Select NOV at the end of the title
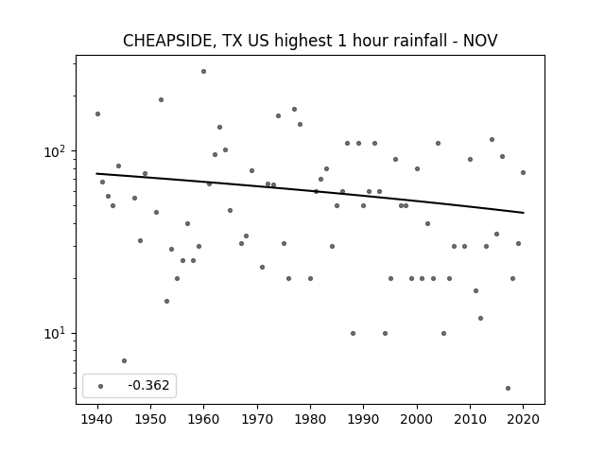[480, 41]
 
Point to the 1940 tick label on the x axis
[97, 419]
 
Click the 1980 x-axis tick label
[310, 419]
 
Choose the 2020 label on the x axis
[523, 419]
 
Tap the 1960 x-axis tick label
[204, 419]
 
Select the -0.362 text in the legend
[148, 385]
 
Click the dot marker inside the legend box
[101, 386]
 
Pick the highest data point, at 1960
[204, 72]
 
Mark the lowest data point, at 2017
[508, 388]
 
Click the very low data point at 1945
[124, 360]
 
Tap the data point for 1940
[97, 113]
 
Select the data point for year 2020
[523, 172]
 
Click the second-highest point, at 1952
[162, 99]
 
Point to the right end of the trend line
[524, 213]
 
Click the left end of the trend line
[96, 173]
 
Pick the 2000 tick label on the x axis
[417, 419]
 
